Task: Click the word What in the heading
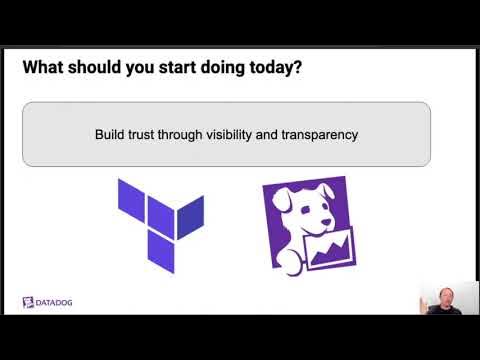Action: (45, 69)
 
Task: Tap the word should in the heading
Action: (103, 69)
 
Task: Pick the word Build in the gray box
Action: (111, 133)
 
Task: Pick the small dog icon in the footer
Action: (28, 302)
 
